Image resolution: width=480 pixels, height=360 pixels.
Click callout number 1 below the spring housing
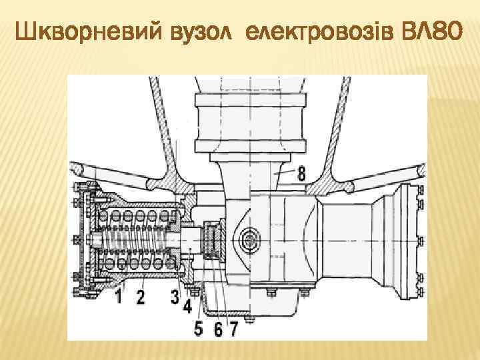coord(118,296)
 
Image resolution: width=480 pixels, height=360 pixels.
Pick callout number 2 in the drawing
coord(140,296)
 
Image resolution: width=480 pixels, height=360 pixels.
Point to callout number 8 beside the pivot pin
coord(301,175)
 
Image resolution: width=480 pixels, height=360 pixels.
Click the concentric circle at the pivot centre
coord(252,238)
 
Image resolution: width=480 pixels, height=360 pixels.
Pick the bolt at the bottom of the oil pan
coord(251,320)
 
